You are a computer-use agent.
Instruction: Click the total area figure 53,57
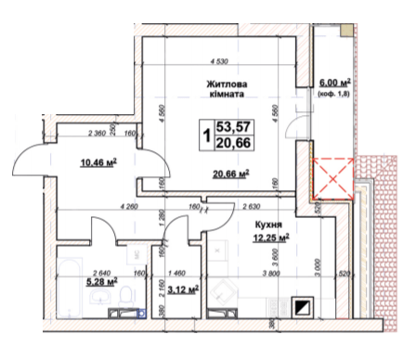233,126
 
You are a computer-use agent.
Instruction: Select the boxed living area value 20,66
233,143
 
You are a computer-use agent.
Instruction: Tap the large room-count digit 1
204,135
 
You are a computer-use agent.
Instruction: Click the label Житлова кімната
227,90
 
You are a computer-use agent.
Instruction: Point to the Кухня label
267,225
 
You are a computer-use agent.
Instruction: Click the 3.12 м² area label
176,289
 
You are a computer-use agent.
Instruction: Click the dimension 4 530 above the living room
219,62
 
